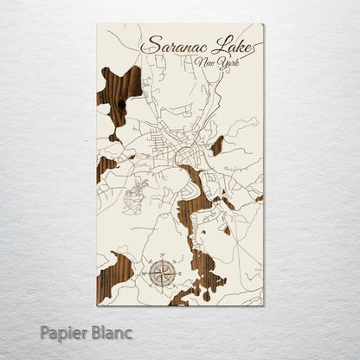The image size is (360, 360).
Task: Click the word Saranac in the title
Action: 174,45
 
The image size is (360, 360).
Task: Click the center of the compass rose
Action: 161,273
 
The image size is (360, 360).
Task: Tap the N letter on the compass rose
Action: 161,254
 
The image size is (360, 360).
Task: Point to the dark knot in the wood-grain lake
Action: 122,104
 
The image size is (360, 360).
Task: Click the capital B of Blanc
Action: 93,329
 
